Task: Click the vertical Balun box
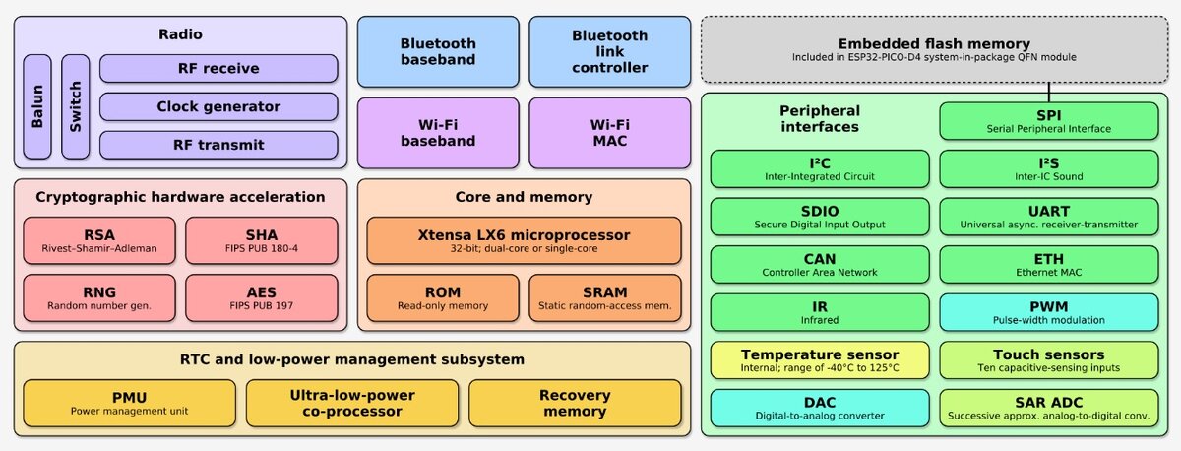pos(37,106)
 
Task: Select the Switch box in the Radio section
pos(76,106)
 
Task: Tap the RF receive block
pos(218,69)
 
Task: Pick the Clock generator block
pos(218,106)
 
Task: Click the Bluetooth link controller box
pos(610,51)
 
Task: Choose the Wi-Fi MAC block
pos(610,133)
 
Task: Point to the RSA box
pos(99,240)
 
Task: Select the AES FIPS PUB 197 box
pos(262,298)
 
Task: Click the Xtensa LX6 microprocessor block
pos(524,240)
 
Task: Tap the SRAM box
pos(605,298)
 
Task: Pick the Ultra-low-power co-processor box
pos(352,404)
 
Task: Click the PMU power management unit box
pos(129,404)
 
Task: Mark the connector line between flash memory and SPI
pos(1049,93)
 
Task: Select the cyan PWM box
pos(1049,312)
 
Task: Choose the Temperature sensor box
pos(820,360)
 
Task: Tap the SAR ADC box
pos(1049,409)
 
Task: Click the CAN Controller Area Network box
pos(820,264)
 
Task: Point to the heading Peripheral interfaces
pos(820,119)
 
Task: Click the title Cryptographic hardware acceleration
pos(180,197)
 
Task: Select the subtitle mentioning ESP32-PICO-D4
pos(934,57)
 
